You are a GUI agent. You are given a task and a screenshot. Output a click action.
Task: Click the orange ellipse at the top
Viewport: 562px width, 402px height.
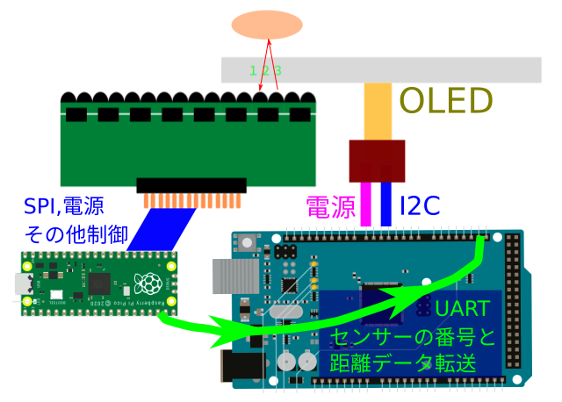[x=267, y=25]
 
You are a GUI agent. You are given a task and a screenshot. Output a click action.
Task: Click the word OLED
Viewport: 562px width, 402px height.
[x=446, y=102]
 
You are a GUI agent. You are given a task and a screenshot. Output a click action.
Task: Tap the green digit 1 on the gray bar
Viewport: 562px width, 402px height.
[x=253, y=70]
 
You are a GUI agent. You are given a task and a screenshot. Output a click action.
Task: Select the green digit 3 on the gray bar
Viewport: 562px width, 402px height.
[x=277, y=70]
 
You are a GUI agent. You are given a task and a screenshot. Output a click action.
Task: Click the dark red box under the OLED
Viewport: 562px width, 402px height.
[x=377, y=161]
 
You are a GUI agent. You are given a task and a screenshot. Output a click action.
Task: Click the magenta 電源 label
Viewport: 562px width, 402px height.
[x=330, y=207]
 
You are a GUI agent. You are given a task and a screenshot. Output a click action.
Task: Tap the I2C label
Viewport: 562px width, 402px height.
[x=420, y=207]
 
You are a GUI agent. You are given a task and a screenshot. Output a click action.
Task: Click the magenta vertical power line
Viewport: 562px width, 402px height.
[x=365, y=204]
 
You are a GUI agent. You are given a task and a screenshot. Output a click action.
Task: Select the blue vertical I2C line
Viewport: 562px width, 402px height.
[x=385, y=204]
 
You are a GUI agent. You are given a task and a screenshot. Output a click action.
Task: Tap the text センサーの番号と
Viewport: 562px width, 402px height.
[x=413, y=336]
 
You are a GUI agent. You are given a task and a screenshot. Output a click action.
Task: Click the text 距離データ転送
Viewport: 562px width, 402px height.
[x=403, y=363]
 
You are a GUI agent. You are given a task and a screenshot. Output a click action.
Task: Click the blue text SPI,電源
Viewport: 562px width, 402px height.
[x=64, y=206]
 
